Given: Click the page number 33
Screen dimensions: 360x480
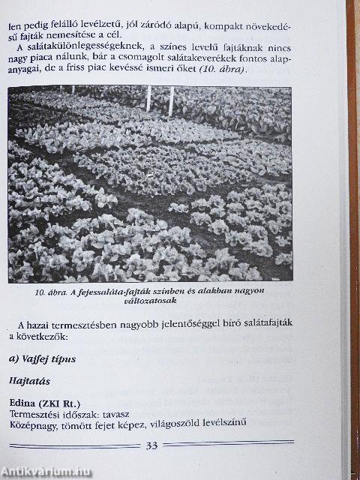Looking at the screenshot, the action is click(151, 447).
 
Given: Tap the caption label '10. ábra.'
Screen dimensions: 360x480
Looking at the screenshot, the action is click(51, 292).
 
